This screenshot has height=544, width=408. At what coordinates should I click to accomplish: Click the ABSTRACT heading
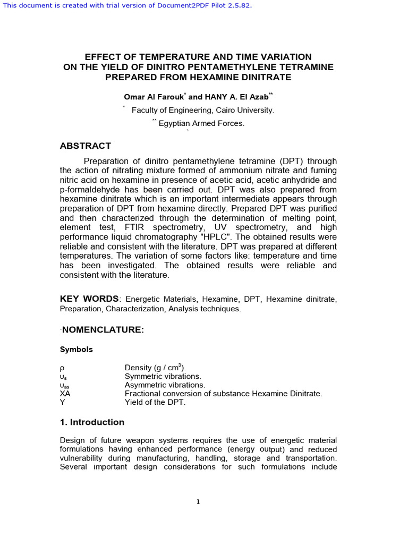(x=86, y=146)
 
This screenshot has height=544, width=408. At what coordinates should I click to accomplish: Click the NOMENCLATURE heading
(x=103, y=330)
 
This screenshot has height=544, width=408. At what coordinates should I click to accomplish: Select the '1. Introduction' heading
(x=92, y=422)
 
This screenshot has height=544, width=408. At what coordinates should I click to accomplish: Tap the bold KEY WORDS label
(x=89, y=299)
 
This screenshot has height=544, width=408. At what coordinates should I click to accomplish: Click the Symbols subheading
(x=76, y=350)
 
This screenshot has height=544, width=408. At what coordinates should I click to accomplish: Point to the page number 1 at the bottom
(x=198, y=502)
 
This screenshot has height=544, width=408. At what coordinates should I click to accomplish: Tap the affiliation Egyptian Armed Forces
(x=202, y=123)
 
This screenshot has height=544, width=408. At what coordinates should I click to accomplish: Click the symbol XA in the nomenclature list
(x=65, y=394)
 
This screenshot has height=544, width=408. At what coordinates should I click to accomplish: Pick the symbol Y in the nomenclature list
(x=62, y=402)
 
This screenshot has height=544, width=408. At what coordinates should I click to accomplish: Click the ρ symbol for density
(x=62, y=368)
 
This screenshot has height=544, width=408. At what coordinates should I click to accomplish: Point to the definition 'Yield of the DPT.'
(x=155, y=402)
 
